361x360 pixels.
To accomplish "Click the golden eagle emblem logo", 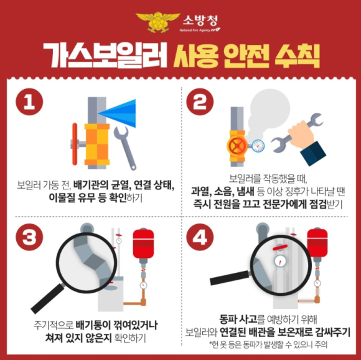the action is coord(158,22).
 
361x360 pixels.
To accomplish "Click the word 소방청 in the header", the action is coord(200,21).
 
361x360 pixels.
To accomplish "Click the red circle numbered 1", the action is coord(29,102).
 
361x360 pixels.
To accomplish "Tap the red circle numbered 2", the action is coord(200,102).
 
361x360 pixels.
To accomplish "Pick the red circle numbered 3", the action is coord(29,237).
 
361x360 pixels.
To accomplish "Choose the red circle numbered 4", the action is coord(200,237).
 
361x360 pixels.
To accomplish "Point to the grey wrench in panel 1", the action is coord(125,148).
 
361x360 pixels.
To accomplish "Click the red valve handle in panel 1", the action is coord(75,144).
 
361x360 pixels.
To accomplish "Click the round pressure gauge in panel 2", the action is coord(258,146).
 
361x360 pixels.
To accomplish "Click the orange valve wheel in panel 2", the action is coord(237,146).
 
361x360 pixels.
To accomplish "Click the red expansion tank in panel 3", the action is coord(143,244).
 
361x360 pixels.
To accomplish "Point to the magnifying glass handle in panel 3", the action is coord(47,298).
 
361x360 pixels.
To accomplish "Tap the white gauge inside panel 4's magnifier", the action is coord(280,261).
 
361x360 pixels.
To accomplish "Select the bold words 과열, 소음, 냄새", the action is coord(222,191).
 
